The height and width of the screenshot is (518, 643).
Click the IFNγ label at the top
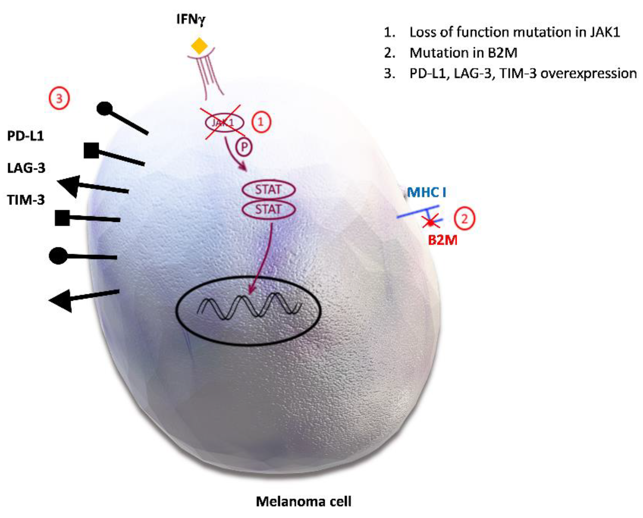pyautogui.click(x=191, y=20)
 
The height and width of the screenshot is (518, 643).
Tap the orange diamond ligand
pyautogui.click(x=199, y=46)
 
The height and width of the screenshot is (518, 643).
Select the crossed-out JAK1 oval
pyautogui.click(x=224, y=122)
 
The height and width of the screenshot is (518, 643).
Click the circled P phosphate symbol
pyautogui.click(x=244, y=147)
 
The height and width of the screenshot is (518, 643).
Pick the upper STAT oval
pyautogui.click(x=268, y=190)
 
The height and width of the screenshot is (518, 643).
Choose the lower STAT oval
pyautogui.click(x=268, y=210)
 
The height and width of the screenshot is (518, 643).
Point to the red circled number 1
pyautogui.click(x=261, y=122)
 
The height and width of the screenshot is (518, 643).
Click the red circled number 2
pyautogui.click(x=464, y=219)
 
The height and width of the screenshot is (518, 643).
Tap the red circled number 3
pyautogui.click(x=59, y=99)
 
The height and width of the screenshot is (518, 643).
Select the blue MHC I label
pyautogui.click(x=427, y=192)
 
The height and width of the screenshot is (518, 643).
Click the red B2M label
pyautogui.click(x=442, y=240)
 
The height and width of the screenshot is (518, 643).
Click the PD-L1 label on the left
pyautogui.click(x=26, y=136)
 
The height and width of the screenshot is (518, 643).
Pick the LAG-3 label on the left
pyautogui.click(x=26, y=168)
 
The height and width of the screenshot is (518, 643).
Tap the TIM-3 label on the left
pyautogui.click(x=26, y=200)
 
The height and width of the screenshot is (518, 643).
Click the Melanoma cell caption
pyautogui.click(x=304, y=502)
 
